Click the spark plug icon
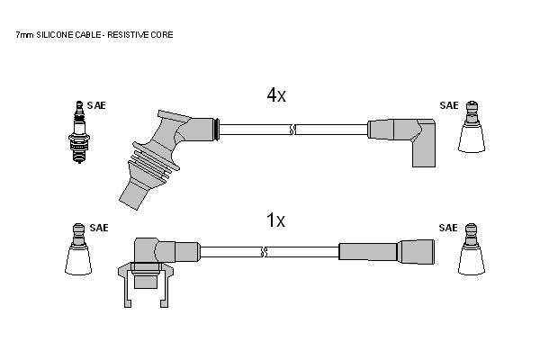pos(79,132)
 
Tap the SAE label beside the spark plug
pos(96,105)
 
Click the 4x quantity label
pos(276,94)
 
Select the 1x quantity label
pos(276,220)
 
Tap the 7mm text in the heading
pos(25,35)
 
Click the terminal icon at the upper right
pos(472,127)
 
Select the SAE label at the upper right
pos(449,105)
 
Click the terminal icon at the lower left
pos(78,249)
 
